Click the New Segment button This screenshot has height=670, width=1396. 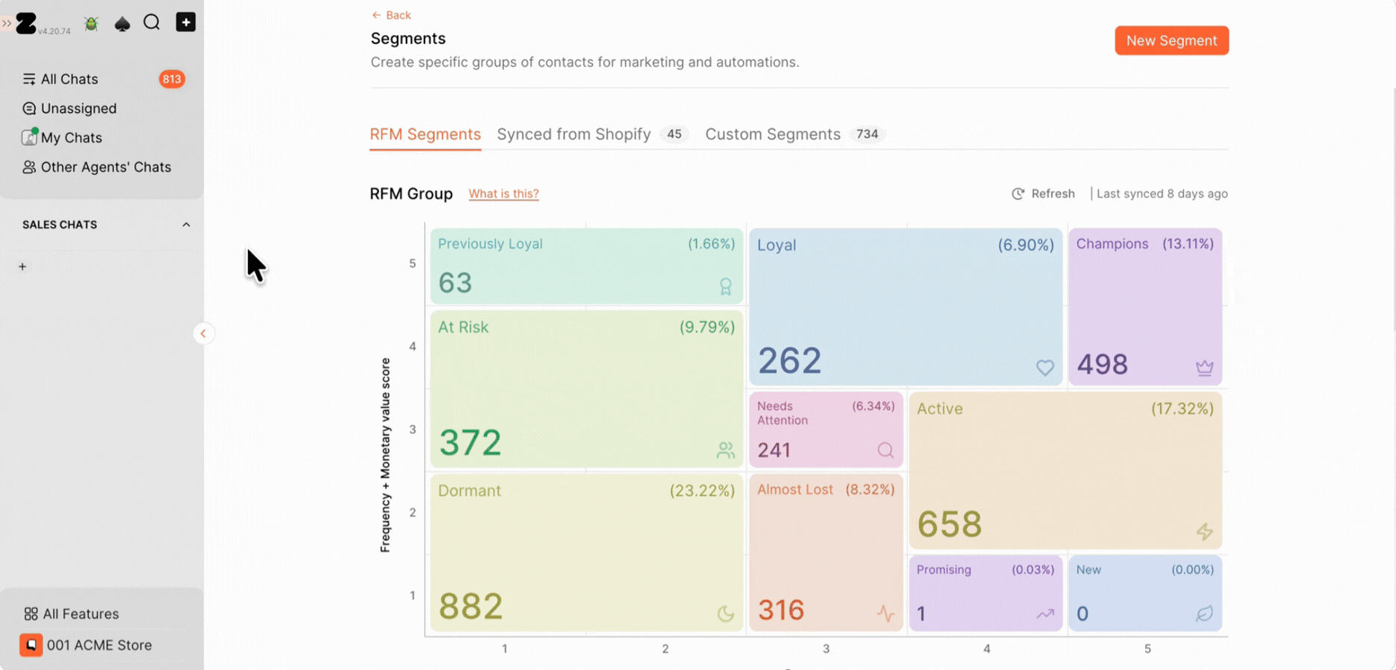(x=1171, y=40)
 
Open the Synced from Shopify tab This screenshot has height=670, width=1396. (x=573, y=134)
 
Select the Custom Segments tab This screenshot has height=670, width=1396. (x=772, y=134)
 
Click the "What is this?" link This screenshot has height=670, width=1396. (x=503, y=194)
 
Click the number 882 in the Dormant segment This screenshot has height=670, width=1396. (x=471, y=606)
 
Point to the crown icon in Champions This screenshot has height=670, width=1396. (x=1204, y=367)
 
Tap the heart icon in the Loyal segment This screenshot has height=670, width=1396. (x=1045, y=367)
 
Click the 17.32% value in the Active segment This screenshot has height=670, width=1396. (x=1182, y=409)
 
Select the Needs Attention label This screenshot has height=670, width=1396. (x=783, y=413)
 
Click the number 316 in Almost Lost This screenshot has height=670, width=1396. (x=781, y=610)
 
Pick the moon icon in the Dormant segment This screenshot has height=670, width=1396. (x=725, y=613)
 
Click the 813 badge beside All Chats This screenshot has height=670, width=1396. (x=172, y=79)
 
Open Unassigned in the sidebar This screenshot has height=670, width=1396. (x=78, y=109)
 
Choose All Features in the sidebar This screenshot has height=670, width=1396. (x=80, y=614)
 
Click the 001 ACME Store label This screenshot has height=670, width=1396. (x=99, y=645)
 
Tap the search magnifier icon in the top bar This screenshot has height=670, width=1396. (x=152, y=22)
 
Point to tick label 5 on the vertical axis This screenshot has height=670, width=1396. (x=412, y=264)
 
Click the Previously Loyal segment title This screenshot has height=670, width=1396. (x=490, y=244)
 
